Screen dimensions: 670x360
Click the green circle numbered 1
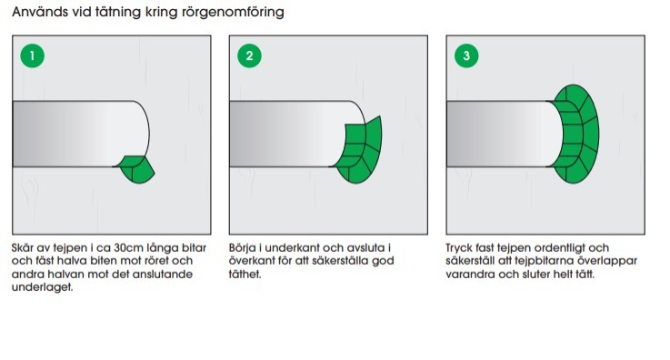(33, 55)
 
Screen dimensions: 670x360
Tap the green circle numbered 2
(249, 55)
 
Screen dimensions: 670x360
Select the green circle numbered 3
(466, 55)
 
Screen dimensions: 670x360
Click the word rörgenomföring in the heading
(233, 12)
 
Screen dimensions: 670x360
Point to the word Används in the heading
(40, 12)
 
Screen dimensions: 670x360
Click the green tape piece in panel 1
(136, 169)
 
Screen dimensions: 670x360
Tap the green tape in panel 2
(358, 150)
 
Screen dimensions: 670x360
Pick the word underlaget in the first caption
(43, 287)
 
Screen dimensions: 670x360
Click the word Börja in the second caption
(243, 248)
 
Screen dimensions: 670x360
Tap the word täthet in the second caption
(245, 275)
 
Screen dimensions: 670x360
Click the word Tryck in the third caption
(458, 248)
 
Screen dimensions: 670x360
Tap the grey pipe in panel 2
(291, 134)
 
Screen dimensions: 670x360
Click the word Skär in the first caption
(22, 248)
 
